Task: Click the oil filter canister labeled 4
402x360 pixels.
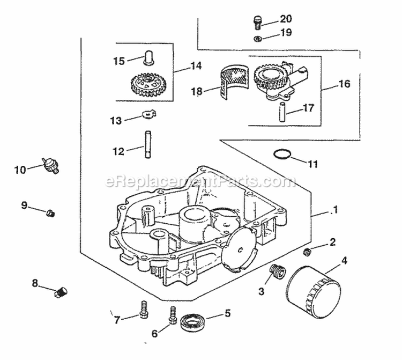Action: pyautogui.click(x=314, y=292)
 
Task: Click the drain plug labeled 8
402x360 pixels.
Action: pyautogui.click(x=61, y=293)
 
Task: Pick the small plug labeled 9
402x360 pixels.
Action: pyautogui.click(x=51, y=213)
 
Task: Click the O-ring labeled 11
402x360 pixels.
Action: pyautogui.click(x=281, y=155)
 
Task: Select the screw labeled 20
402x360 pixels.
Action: pyautogui.click(x=257, y=21)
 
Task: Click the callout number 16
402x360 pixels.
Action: pyautogui.click(x=344, y=84)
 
